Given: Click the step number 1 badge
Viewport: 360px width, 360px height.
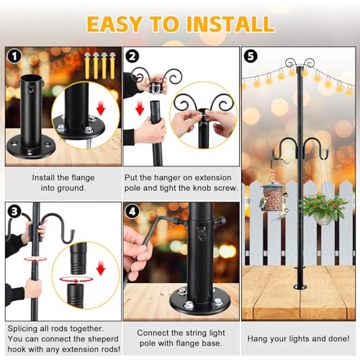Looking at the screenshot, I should (12, 55).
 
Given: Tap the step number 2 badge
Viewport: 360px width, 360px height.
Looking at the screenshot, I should (132, 55).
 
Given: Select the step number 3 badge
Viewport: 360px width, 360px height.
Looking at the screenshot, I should (12, 210).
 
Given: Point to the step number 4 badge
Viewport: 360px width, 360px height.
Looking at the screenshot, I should (132, 210).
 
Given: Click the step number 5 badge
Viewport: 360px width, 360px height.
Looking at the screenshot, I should (250, 55).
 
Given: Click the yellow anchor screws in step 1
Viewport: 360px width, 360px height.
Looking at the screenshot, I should (98, 66).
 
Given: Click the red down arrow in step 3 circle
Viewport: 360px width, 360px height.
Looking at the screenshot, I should (100, 269).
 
